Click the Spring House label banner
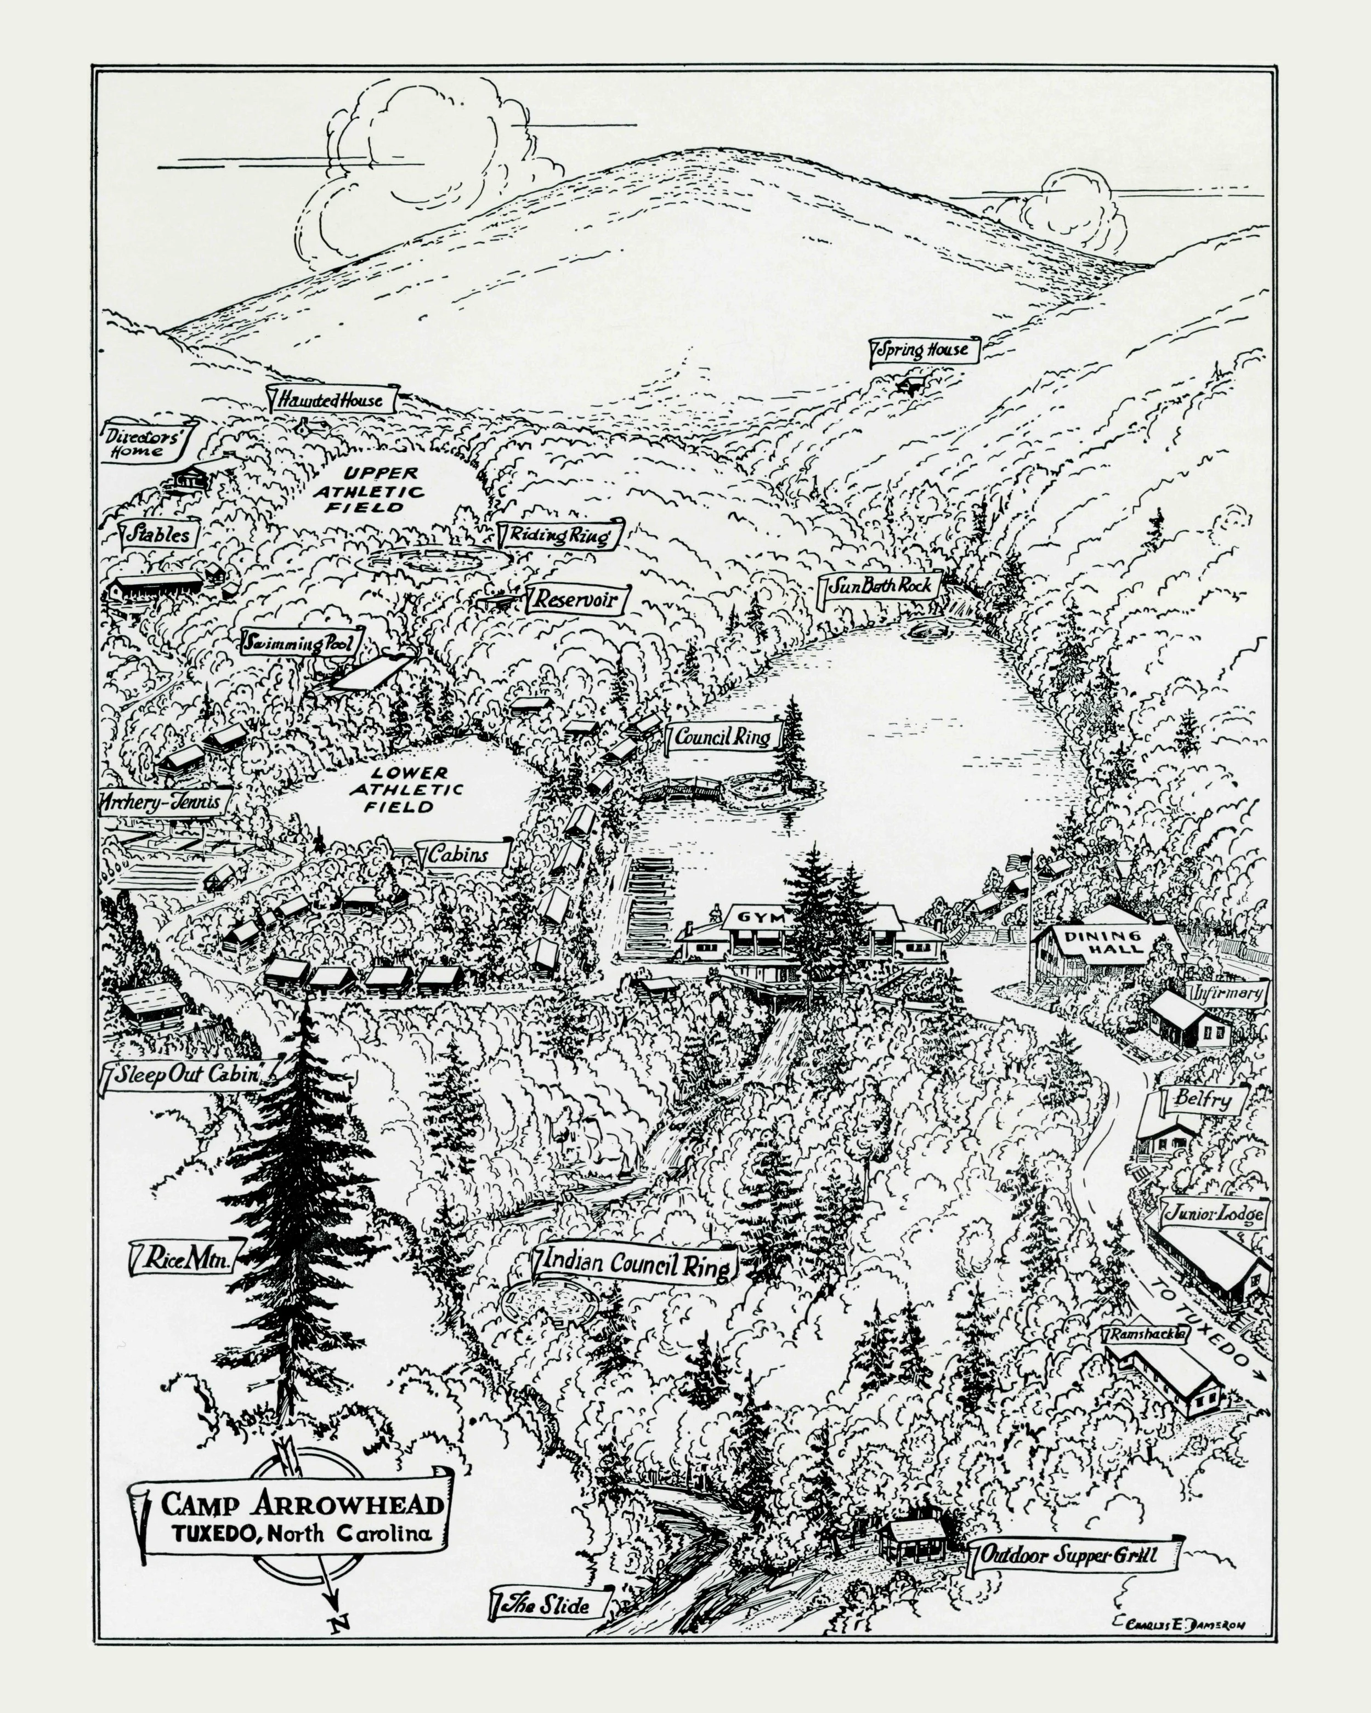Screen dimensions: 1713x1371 [x=925, y=350]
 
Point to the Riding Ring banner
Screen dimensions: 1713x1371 [x=560, y=534]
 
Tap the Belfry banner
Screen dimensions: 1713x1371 [x=1202, y=1100]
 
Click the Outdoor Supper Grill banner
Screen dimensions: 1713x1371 [x=1073, y=1555]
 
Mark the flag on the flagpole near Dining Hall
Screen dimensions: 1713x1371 [x=1017, y=862]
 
